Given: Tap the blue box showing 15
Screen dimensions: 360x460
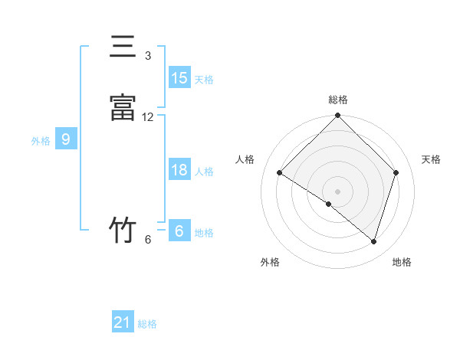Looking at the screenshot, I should pyautogui.click(x=179, y=78).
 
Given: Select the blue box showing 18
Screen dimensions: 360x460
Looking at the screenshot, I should pyautogui.click(x=179, y=170).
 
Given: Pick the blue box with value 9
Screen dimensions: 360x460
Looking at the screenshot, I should pyautogui.click(x=66, y=139).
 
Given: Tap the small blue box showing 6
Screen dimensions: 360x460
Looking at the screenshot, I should pyautogui.click(x=179, y=231).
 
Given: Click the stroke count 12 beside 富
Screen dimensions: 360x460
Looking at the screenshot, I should pyautogui.click(x=148, y=117).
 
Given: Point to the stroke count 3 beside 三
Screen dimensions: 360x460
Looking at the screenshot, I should pyautogui.click(x=148, y=56).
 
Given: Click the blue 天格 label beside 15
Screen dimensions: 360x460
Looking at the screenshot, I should pyautogui.click(x=204, y=80).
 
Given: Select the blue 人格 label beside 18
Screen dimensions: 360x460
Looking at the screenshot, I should pyautogui.click(x=204, y=172).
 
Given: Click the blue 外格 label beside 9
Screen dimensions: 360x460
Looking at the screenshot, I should pyautogui.click(x=41, y=141).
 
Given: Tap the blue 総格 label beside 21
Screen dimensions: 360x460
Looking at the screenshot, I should pyautogui.click(x=147, y=324).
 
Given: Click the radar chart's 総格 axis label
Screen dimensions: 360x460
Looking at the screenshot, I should pyautogui.click(x=338, y=100).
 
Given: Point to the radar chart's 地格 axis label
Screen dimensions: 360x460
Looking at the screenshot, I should pyautogui.click(x=402, y=262).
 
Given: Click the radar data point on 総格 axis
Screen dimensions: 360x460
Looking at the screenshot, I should pyautogui.click(x=338, y=116).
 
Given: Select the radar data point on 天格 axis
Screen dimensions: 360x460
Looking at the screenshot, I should pyautogui.click(x=396, y=173).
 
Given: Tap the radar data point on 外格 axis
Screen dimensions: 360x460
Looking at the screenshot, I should pyautogui.click(x=329, y=205).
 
